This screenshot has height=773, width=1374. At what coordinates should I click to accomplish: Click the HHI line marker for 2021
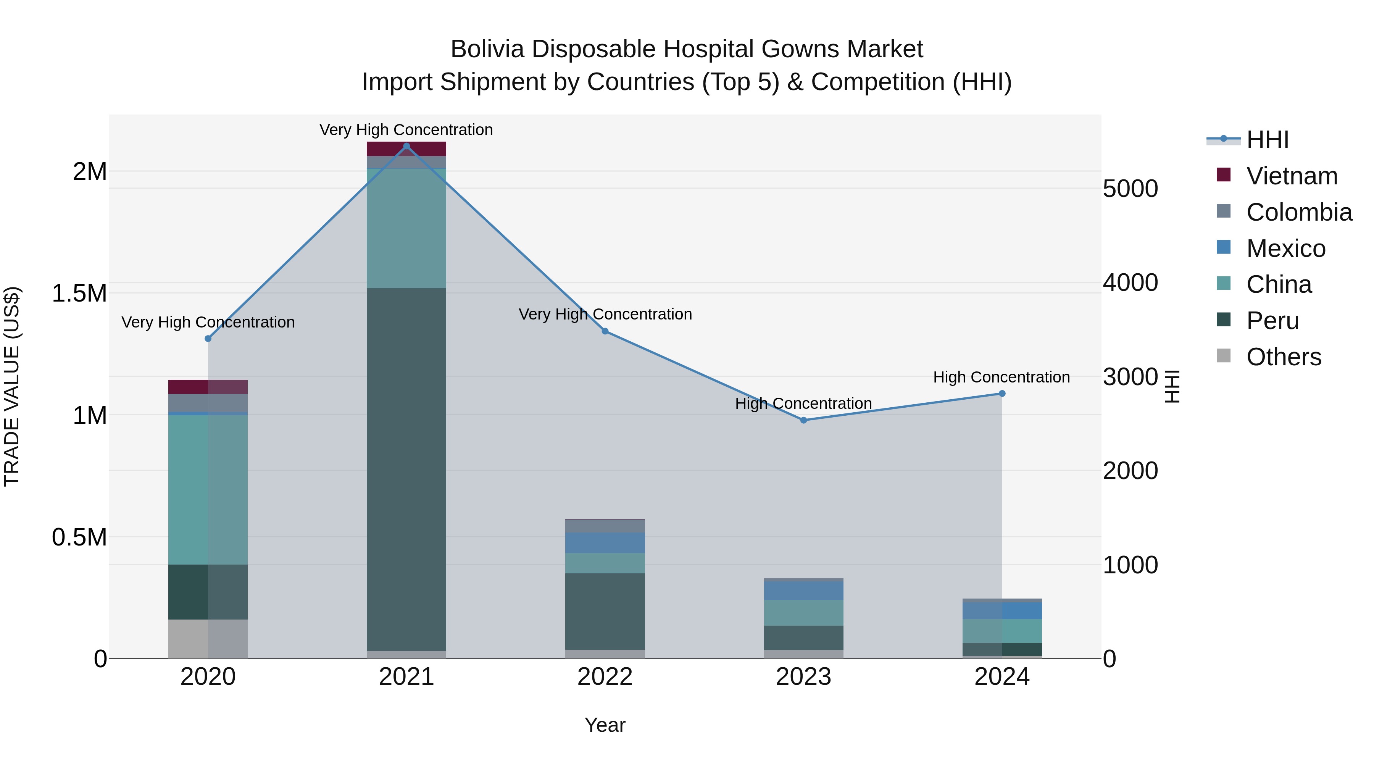pos(406,146)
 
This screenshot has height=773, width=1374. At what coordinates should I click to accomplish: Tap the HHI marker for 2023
pos(804,420)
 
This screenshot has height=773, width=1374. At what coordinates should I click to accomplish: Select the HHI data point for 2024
pos(1002,394)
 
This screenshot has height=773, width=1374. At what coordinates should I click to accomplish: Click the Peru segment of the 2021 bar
pos(406,470)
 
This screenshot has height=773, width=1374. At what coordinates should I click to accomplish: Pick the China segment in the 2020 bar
pos(208,489)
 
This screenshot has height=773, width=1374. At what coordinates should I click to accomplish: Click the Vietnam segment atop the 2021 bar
pos(406,149)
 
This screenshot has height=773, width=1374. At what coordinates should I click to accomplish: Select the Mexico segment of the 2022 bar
pos(605,542)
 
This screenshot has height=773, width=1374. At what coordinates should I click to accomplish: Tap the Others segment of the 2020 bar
pos(208,639)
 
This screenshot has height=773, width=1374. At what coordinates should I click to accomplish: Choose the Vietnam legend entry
pos(1291,176)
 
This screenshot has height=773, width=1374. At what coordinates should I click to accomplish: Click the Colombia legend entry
pos(1299,212)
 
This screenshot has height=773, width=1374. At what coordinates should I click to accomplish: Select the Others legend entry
pos(1283,357)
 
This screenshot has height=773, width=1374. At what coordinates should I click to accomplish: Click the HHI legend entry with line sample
pos(1267,140)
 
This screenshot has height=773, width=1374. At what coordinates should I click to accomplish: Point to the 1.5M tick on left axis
pos(79,294)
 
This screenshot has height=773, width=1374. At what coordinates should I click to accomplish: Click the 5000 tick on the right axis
pos(1130,189)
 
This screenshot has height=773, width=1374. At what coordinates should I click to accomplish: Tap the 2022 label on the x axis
pos(605,677)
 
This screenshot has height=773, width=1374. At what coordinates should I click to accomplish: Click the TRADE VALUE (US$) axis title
pos(12,386)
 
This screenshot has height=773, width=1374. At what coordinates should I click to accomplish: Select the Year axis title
pos(605,725)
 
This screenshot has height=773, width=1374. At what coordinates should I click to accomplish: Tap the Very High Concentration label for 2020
pos(208,322)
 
